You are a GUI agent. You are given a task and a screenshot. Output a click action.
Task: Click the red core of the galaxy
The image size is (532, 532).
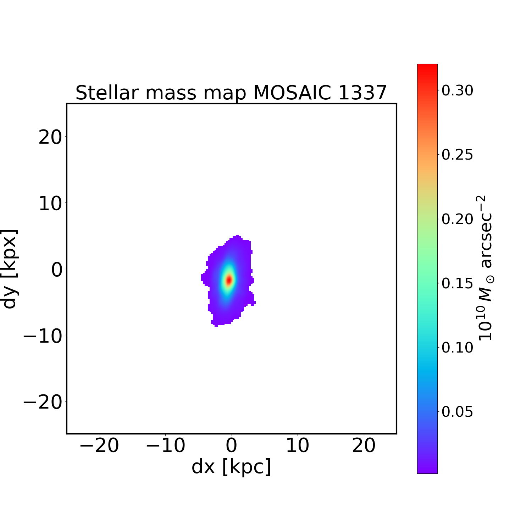229,280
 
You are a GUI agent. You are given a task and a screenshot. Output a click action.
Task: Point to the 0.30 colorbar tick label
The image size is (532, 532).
457,91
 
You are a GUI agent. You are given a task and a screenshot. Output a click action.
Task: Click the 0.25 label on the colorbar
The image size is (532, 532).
457,155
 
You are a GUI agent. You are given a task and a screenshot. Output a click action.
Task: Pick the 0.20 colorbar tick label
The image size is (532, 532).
457,219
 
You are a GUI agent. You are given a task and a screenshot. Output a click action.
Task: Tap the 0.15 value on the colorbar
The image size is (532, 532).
457,283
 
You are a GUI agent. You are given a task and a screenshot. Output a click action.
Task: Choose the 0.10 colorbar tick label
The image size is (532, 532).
457,348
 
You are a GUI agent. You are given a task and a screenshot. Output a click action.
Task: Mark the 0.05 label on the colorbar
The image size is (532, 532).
457,412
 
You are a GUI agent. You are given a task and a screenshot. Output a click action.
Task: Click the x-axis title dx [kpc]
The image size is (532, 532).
231,467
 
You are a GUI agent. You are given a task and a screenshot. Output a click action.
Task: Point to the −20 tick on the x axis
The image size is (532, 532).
99,445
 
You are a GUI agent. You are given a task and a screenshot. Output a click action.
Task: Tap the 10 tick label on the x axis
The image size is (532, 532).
298,445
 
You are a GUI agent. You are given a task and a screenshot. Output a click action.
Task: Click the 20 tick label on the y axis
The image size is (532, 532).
50,137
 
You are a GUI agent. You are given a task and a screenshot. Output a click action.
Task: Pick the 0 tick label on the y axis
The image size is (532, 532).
57,270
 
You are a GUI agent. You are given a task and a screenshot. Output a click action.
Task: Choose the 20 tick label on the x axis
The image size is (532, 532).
364,445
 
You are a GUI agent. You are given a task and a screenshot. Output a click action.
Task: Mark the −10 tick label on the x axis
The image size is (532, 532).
165,445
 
